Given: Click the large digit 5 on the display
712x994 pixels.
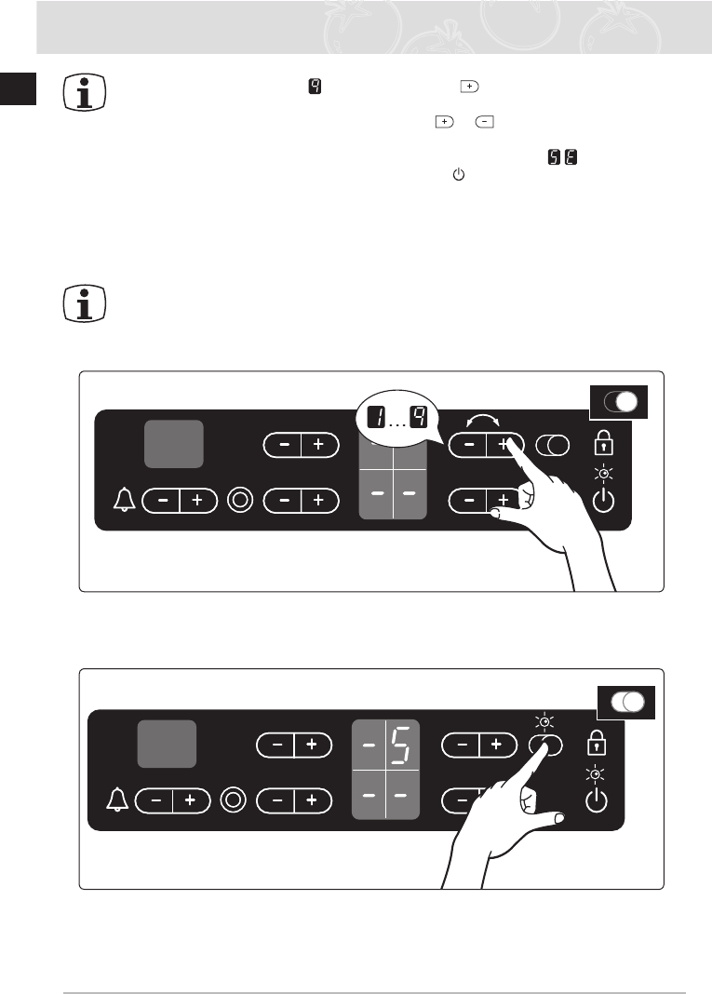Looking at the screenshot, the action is [403, 744].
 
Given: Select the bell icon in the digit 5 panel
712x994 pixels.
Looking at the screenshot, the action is [116, 800].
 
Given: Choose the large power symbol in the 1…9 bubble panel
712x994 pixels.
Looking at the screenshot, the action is [603, 501].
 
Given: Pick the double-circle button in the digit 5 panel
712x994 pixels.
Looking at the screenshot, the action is [235, 800].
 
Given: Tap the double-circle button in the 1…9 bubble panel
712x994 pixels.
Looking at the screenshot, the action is [241, 501].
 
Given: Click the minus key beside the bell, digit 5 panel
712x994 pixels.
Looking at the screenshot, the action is [155, 800].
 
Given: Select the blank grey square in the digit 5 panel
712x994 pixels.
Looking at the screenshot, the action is [168, 744].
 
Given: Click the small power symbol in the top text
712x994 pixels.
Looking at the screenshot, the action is [456, 174].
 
